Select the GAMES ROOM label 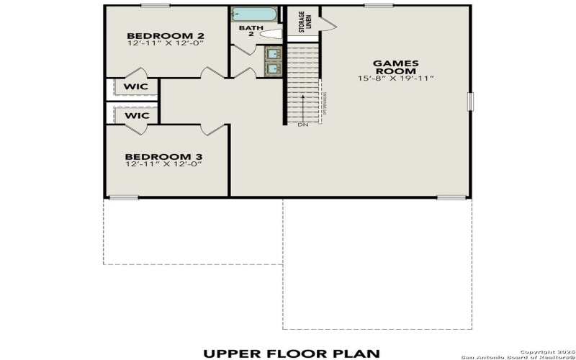coord(395,67)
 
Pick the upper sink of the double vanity coord(274,53)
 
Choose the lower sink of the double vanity coord(274,68)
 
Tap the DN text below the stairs coord(303,125)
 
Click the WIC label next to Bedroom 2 coord(136,87)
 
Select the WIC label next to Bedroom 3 coord(136,115)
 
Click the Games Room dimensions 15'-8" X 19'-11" coord(395,78)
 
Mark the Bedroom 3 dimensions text coord(161,164)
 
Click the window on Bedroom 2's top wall coord(156,6)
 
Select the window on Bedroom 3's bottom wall coord(123,197)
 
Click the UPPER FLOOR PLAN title coord(292,353)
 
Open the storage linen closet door coord(328,24)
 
